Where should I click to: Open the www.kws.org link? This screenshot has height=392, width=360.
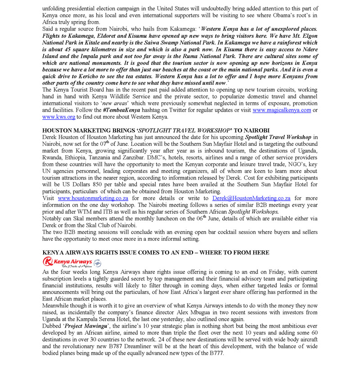click(x=58, y=117)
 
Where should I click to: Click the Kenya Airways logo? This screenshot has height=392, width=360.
click(x=72, y=262)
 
